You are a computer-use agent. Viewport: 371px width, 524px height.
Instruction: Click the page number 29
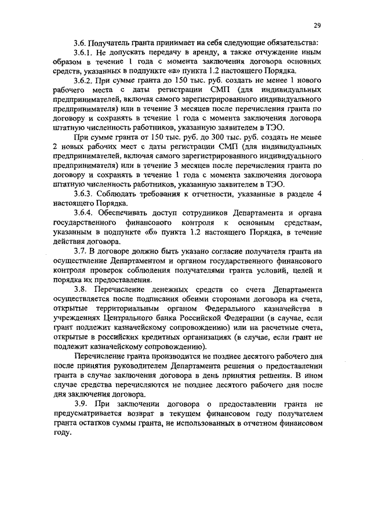(x=317, y=25)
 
